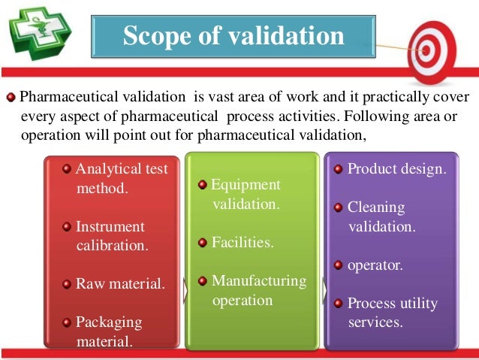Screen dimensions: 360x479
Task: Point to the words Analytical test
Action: [122, 169]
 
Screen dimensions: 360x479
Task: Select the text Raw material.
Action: [120, 283]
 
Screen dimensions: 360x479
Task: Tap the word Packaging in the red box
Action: [109, 322]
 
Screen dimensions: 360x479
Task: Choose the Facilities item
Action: [243, 242]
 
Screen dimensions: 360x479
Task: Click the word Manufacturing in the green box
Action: [259, 281]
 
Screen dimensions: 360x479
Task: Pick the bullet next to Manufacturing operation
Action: [203, 281]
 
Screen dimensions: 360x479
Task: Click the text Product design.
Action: [396, 168]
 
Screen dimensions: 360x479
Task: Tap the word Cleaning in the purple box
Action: [376, 207]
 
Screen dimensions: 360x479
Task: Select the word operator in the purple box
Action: [375, 265]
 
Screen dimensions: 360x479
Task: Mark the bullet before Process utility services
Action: [338, 304]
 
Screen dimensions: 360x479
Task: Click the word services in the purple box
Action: [375, 322]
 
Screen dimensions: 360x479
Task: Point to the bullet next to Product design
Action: [338, 169]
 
